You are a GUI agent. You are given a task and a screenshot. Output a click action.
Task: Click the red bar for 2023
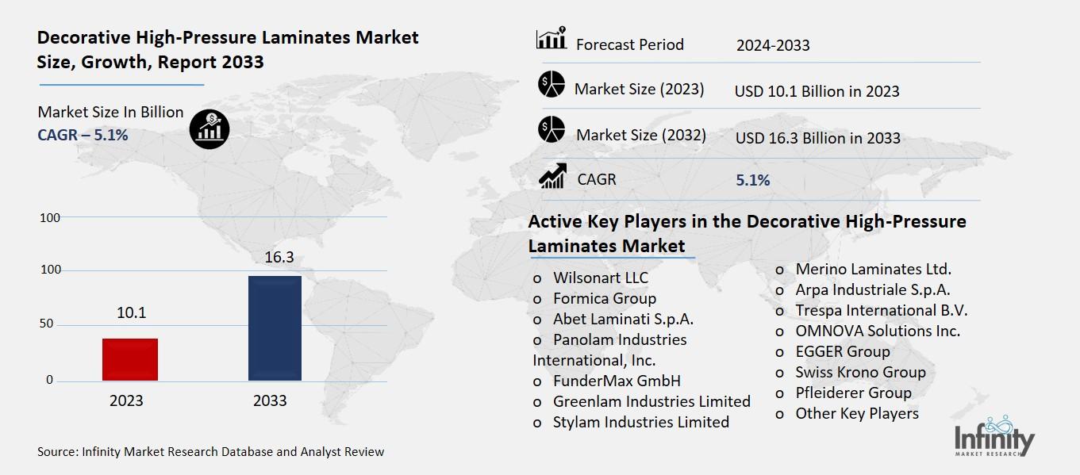click(x=130, y=359)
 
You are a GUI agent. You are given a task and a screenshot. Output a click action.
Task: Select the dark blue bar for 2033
click(x=275, y=328)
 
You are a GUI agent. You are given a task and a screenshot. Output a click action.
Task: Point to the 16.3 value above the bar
click(x=275, y=257)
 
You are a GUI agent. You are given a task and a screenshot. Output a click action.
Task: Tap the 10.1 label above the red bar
click(x=131, y=312)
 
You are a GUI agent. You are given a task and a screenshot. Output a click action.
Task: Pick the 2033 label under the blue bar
click(x=270, y=400)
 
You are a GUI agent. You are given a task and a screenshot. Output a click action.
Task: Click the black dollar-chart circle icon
click(x=209, y=128)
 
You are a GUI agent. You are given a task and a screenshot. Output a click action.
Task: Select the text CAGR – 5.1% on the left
click(x=83, y=135)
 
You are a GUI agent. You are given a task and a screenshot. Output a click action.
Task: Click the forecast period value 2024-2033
click(x=772, y=45)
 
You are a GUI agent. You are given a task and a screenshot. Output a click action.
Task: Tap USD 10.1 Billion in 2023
click(x=817, y=91)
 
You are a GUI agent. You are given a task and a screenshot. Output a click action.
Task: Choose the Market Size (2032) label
click(x=640, y=135)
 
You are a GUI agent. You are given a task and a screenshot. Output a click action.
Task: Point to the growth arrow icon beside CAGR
click(x=552, y=178)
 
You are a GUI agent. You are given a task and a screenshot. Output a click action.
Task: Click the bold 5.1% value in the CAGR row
click(x=752, y=180)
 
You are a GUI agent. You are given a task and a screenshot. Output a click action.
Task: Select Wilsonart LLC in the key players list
click(x=600, y=278)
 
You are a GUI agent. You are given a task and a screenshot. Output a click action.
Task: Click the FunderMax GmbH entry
click(x=617, y=381)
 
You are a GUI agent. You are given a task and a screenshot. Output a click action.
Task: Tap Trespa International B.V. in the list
click(x=881, y=310)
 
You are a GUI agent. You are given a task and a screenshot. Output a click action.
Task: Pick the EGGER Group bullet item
click(x=842, y=351)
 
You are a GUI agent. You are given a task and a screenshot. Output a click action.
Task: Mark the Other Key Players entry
click(x=856, y=413)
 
